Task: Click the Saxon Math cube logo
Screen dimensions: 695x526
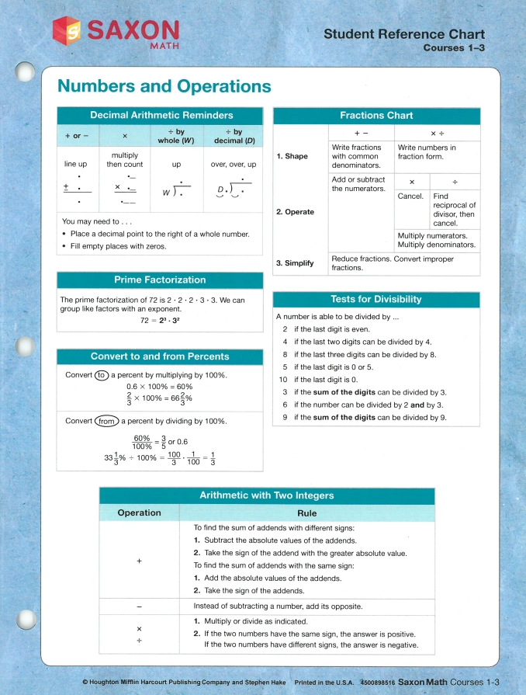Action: pyautogui.click(x=70, y=32)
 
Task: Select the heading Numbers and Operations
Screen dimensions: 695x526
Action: pyautogui.click(x=164, y=86)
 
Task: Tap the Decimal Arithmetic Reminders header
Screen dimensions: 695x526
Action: pyautogui.click(x=161, y=115)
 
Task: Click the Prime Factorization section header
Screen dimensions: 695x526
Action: pyautogui.click(x=160, y=280)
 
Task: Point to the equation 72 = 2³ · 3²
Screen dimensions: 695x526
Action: pyautogui.click(x=161, y=320)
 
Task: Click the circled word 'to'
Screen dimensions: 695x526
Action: pyautogui.click(x=101, y=375)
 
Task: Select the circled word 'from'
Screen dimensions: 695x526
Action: pyautogui.click(x=107, y=421)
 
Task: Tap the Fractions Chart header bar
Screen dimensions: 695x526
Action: pyautogui.click(x=376, y=115)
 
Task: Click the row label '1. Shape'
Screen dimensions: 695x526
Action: pyautogui.click(x=292, y=156)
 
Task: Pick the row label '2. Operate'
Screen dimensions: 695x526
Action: pyautogui.click(x=296, y=211)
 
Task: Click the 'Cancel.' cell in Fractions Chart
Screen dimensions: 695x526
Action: pyautogui.click(x=410, y=196)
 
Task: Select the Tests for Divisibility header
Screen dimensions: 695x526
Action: pyautogui.click(x=376, y=299)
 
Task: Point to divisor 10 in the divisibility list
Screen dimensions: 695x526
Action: pyautogui.click(x=283, y=380)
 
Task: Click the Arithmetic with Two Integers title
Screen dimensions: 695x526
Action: pyautogui.click(x=267, y=495)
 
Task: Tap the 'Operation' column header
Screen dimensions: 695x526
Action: pyautogui.click(x=139, y=513)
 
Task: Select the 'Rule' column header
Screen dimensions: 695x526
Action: pyautogui.click(x=307, y=513)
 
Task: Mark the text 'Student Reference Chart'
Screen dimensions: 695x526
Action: pyautogui.click(x=404, y=34)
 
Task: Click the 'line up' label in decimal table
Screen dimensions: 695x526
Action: pyautogui.click(x=76, y=165)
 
